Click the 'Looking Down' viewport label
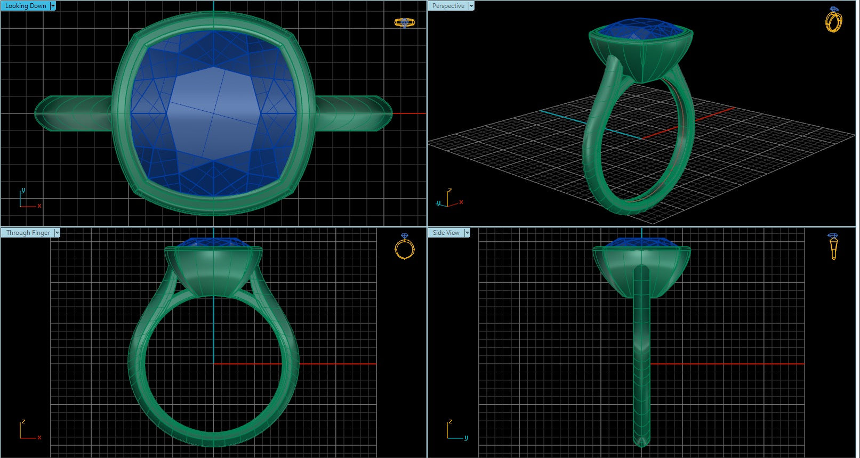25,6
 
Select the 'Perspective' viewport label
448,6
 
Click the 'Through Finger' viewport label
28,233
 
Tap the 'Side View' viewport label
446,233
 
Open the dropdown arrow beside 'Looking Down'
53,6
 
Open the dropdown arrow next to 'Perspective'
471,6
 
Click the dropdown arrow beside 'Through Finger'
57,233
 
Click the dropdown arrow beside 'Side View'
467,233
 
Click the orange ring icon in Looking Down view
404,22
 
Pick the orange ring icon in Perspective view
833,20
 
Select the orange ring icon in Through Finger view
405,247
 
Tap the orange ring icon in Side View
833,246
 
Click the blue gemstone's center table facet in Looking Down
213,112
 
